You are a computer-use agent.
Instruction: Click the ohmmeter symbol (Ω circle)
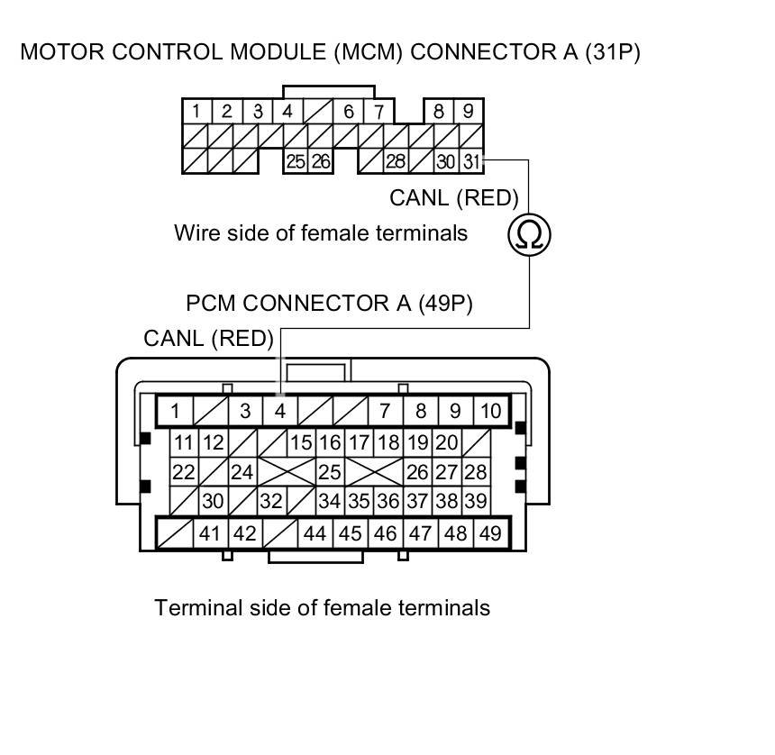(529, 234)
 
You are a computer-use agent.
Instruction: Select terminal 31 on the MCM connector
(471, 162)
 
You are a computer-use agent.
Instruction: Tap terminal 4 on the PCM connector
(280, 412)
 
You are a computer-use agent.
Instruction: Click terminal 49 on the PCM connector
(490, 533)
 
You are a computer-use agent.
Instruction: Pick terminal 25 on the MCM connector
(296, 162)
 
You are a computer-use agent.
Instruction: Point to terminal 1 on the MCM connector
(196, 112)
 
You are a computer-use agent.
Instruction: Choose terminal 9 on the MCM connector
(469, 112)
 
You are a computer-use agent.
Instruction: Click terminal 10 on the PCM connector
(490, 412)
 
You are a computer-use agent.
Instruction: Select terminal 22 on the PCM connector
(183, 472)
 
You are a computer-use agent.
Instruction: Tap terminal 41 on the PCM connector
(210, 533)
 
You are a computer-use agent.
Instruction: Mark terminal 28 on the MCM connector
(396, 162)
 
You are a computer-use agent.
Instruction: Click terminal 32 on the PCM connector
(270, 502)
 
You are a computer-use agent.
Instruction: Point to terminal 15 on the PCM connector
(300, 442)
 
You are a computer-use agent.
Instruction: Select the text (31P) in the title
(612, 52)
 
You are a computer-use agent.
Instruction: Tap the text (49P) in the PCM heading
(444, 304)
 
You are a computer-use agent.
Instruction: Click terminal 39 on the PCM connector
(476, 502)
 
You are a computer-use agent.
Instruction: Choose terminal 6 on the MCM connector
(348, 112)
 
